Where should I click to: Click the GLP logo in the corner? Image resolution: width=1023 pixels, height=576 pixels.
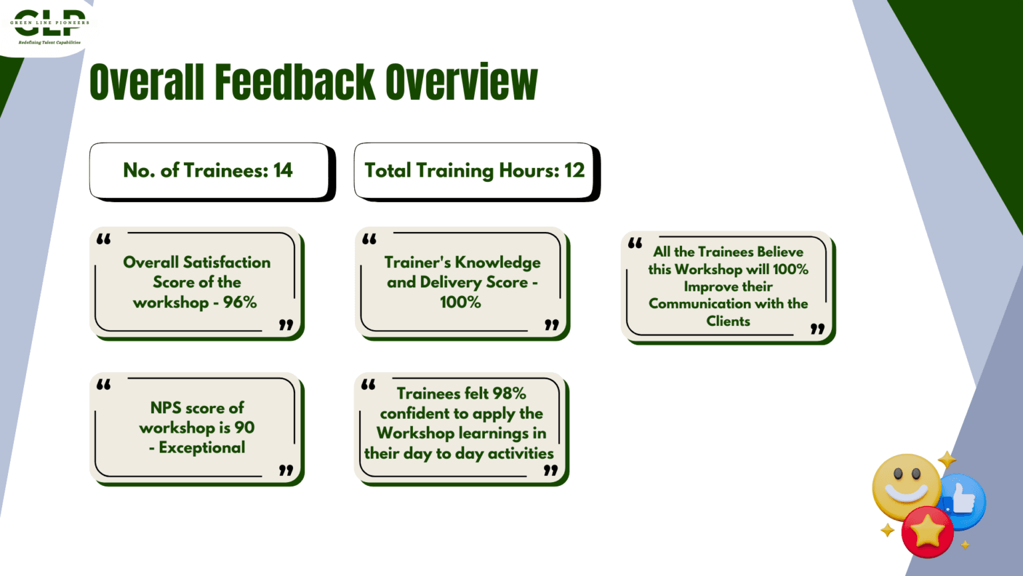click(x=49, y=27)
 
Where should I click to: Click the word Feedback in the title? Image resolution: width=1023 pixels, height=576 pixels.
click(x=295, y=82)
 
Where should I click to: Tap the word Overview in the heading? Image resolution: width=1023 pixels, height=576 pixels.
click(x=462, y=82)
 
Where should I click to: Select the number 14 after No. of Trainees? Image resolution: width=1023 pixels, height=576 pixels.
click(x=283, y=171)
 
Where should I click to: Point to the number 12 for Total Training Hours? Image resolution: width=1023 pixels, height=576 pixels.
click(x=575, y=171)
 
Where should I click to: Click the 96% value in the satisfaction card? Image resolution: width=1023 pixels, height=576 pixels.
click(x=240, y=302)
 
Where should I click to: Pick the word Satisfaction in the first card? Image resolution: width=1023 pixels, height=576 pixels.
click(x=226, y=263)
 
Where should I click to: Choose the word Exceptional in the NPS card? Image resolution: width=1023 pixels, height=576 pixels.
click(x=202, y=447)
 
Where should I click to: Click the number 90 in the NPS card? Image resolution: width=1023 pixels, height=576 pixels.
click(x=244, y=427)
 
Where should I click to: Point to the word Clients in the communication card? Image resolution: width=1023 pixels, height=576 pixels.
click(x=728, y=321)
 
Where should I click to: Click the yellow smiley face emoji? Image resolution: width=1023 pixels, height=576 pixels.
click(x=906, y=487)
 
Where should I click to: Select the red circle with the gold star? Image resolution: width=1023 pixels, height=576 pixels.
click(x=928, y=532)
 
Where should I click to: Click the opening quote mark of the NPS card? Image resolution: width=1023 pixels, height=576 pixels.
click(x=104, y=385)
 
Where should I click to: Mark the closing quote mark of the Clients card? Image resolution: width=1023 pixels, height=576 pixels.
click(x=817, y=329)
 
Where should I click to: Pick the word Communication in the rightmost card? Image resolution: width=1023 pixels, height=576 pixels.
click(x=693, y=304)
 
